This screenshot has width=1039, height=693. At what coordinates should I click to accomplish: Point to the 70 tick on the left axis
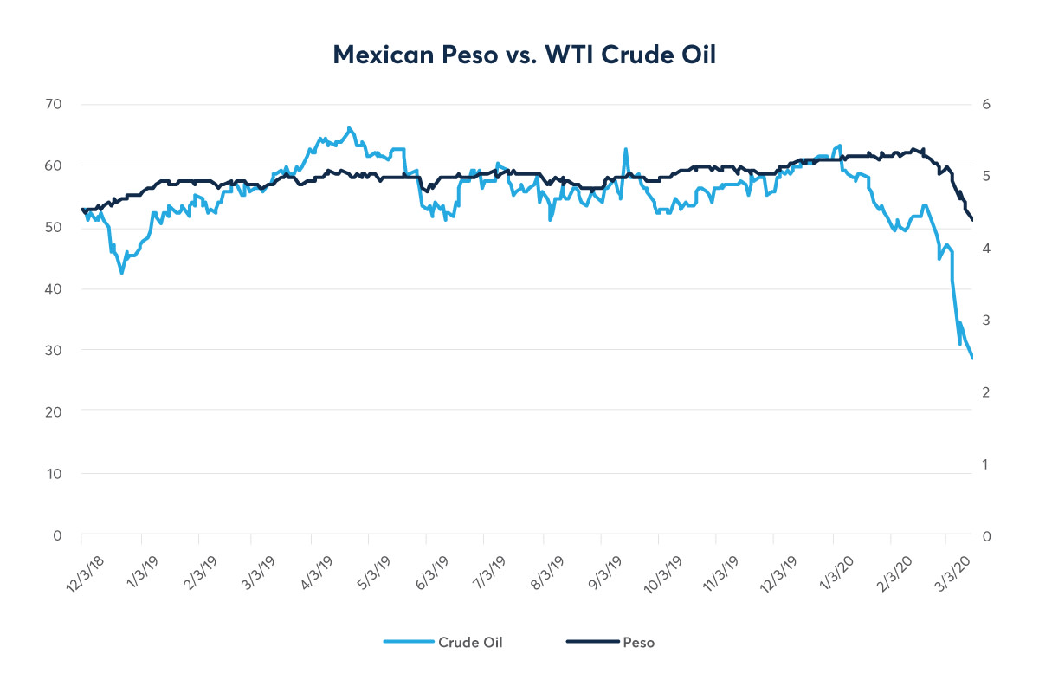54,104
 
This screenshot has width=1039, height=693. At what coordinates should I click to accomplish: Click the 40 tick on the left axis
54,288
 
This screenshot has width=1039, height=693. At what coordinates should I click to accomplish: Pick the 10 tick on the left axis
54,473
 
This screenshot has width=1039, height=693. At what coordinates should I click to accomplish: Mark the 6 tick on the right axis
985,104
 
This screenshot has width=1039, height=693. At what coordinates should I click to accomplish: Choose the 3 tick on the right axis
985,321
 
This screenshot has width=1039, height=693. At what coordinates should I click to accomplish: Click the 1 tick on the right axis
985,464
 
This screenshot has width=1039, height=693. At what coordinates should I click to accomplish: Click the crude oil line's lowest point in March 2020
972,359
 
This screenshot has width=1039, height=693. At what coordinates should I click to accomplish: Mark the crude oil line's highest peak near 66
349,127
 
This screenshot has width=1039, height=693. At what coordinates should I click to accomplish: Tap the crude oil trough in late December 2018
122,273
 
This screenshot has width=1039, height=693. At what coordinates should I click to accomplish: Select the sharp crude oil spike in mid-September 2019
625,149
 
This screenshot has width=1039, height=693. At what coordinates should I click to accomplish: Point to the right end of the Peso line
972,220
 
